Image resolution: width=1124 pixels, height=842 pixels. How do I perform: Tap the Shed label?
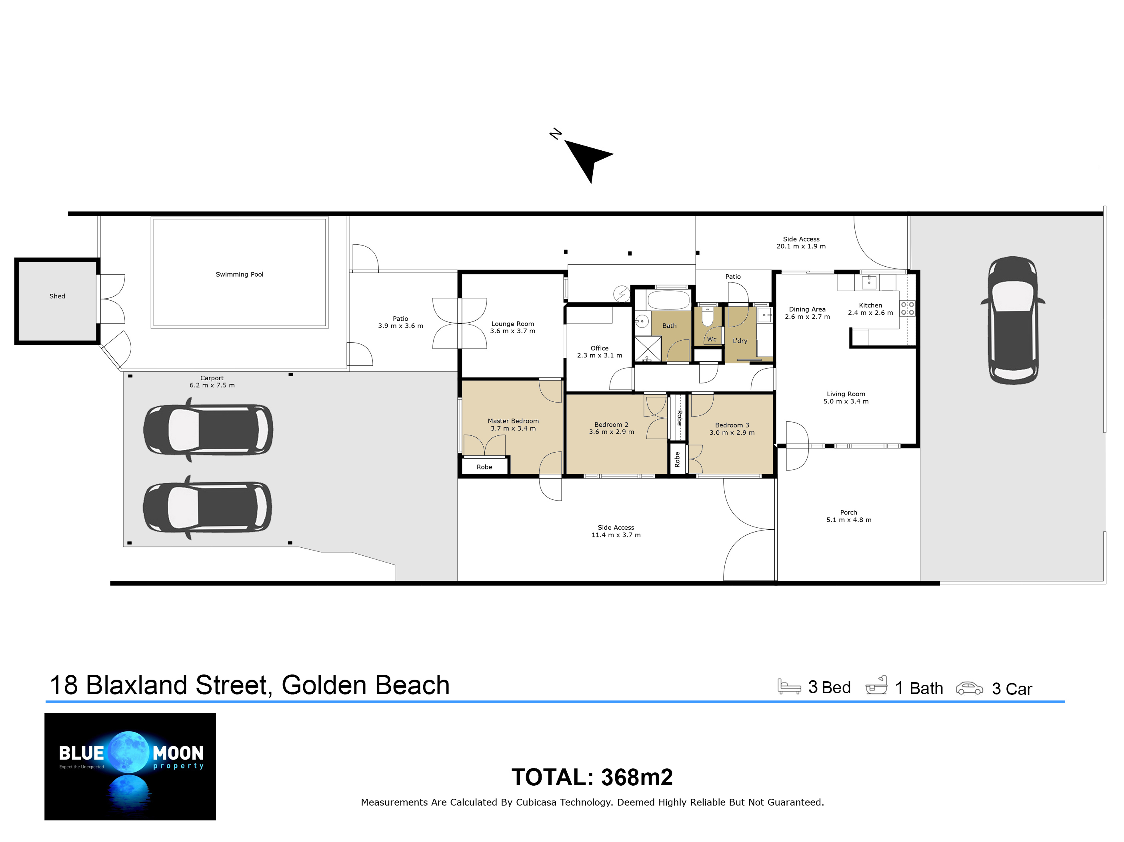tap(57, 296)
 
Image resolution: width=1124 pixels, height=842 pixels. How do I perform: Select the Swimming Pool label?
tap(239, 274)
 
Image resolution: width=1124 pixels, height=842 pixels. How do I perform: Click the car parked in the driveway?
tap(1013, 320)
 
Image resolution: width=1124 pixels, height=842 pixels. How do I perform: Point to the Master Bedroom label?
tap(513, 421)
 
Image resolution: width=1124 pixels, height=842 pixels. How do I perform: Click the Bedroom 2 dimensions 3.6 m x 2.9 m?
tap(611, 432)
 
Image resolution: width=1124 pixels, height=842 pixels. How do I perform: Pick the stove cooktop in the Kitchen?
tap(908, 308)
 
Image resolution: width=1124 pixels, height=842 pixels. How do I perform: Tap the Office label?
tap(600, 348)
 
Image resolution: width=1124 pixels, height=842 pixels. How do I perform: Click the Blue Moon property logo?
tap(130, 766)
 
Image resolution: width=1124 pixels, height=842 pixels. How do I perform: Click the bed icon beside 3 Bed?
tap(789, 686)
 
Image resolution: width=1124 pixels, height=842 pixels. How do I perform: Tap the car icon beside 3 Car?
tap(969, 688)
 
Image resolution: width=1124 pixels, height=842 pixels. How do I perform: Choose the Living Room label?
tap(846, 394)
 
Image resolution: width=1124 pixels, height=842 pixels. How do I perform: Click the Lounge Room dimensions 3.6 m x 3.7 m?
tap(512, 331)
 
